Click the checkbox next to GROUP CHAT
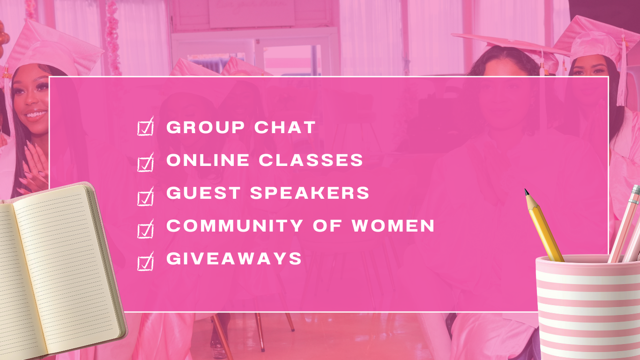(x=145, y=127)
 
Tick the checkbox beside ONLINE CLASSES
(x=145, y=162)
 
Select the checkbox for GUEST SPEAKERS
(x=145, y=196)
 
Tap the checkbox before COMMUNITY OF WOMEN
(x=145, y=229)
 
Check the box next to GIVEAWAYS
(x=145, y=262)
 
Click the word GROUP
(x=206, y=127)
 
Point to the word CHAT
(x=285, y=127)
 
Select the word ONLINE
(x=208, y=160)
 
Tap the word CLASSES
(x=311, y=160)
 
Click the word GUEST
(x=203, y=193)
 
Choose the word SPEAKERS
(x=310, y=193)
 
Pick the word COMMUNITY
(x=235, y=225)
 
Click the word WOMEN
(x=393, y=225)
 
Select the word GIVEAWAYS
(x=234, y=258)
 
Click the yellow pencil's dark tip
(x=527, y=192)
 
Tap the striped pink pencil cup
(x=588, y=307)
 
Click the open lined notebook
(x=57, y=272)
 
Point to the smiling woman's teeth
(x=36, y=114)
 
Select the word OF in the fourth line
(x=327, y=225)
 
